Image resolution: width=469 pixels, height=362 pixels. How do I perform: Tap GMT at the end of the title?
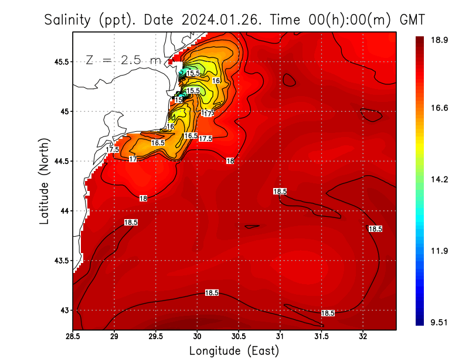pyautogui.click(x=411, y=20)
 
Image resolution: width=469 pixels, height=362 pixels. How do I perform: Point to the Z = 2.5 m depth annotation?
pyautogui.click(x=123, y=60)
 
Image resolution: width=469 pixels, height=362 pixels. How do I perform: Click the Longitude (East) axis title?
pyautogui.click(x=234, y=351)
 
